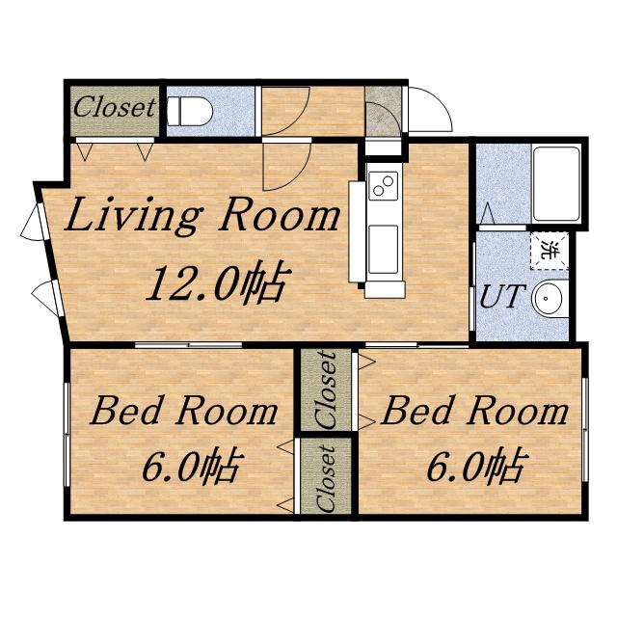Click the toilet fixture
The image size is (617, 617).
[190, 112]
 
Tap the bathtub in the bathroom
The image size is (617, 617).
[556, 183]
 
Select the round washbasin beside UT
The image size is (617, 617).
[548, 298]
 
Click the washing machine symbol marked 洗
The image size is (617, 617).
[550, 251]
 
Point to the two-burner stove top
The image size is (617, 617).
[384, 186]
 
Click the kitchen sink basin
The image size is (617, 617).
[384, 249]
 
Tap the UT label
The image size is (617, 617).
[503, 296]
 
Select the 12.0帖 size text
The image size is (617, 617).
[219, 283]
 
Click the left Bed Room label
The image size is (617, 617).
[184, 411]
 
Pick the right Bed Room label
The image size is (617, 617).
[475, 411]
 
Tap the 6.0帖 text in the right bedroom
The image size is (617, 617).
[475, 466]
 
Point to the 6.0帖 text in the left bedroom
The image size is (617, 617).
[191, 466]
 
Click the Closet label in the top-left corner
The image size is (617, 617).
[115, 107]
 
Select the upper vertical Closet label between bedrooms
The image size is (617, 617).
[326, 389]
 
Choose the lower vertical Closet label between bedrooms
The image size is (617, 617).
[326, 478]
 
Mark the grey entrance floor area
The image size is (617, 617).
[383, 112]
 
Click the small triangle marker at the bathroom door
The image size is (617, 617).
[488, 214]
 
